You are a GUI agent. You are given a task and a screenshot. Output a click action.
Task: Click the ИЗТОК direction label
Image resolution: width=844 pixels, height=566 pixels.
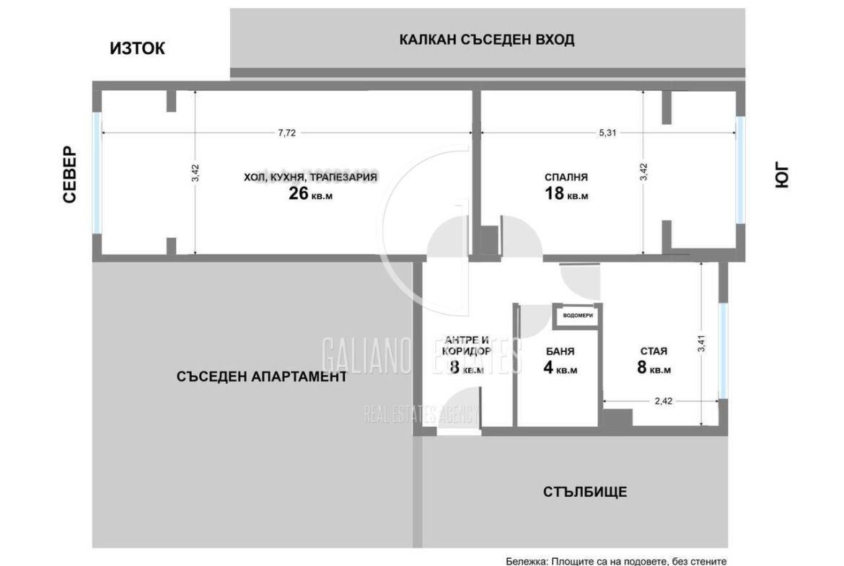click(x=137, y=48)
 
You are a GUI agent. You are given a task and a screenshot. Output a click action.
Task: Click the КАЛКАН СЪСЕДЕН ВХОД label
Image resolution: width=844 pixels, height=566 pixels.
click(x=487, y=40)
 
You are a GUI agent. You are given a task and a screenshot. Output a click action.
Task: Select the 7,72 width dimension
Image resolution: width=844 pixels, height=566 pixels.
click(x=287, y=133)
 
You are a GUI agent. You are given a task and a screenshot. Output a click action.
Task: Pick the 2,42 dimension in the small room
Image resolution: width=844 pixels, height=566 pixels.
click(x=663, y=402)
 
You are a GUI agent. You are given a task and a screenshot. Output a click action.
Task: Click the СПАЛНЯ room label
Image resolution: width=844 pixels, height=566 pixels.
click(x=566, y=177)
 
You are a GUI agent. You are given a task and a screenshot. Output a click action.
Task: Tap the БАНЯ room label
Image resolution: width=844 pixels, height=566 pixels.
click(x=560, y=352)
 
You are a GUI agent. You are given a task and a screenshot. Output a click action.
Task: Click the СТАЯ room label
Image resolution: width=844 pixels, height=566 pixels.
click(x=653, y=352)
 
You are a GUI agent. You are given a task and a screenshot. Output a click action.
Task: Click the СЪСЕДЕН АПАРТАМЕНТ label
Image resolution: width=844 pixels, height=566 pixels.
click(x=261, y=376)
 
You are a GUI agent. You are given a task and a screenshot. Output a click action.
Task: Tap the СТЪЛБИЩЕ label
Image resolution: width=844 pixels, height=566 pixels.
click(x=585, y=492)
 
